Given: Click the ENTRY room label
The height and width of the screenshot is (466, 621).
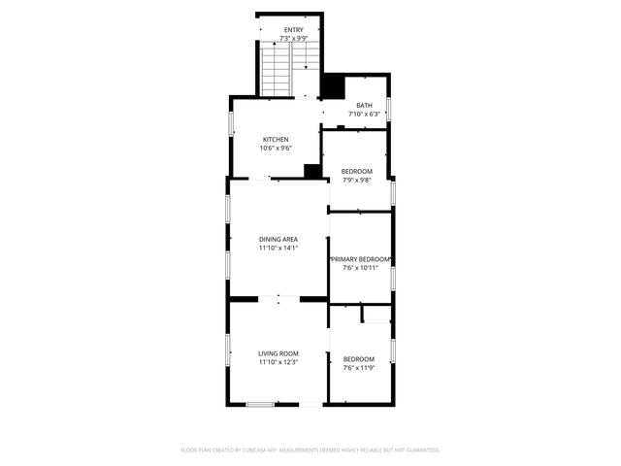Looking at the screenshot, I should tap(294, 30).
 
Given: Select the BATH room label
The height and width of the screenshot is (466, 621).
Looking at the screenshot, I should tap(364, 106).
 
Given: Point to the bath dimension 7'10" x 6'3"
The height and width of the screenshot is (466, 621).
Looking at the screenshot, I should tap(364, 115).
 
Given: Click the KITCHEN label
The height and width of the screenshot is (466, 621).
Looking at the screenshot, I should tap(276, 139).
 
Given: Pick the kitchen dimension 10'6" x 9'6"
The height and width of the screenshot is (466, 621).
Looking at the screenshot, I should tap(276, 149).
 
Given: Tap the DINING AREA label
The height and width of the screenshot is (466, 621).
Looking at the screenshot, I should tap(278, 239).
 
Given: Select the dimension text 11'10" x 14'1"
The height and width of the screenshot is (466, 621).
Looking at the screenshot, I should tap(278, 249).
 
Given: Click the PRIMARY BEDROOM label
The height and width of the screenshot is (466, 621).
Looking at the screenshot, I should tap(360, 259).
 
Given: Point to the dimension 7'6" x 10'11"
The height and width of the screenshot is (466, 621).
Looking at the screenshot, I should tap(360, 269).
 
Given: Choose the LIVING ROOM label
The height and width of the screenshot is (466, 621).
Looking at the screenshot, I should tap(278, 353).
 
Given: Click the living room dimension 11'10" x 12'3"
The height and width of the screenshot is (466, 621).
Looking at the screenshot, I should tap(278, 363).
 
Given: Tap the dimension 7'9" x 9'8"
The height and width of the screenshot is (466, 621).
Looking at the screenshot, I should tap(356, 181).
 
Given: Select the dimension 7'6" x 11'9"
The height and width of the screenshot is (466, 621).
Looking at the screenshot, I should tap(358, 368).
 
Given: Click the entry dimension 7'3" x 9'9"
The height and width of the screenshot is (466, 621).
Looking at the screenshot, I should tap(294, 39).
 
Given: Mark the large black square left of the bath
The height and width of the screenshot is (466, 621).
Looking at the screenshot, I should tap(333, 87).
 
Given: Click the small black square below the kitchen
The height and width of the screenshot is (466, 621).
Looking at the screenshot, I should tap(311, 171).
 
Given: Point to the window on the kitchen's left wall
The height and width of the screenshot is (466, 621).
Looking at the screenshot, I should tap(231, 126).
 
